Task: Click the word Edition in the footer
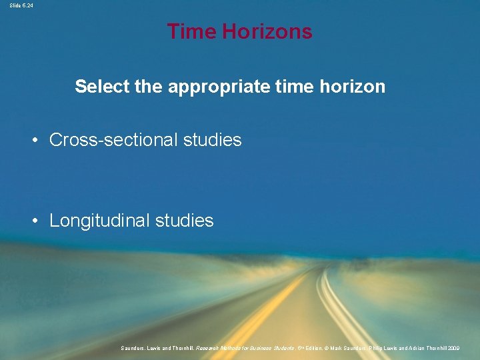pos(304,348)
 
